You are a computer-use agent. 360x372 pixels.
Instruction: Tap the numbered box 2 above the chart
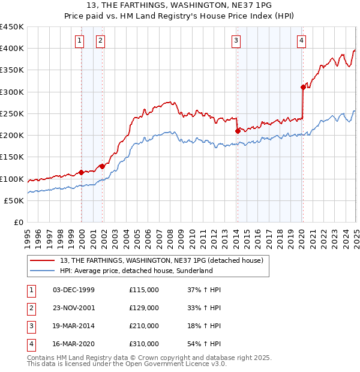click(x=100, y=41)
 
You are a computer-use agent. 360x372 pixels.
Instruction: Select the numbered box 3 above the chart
click(x=236, y=41)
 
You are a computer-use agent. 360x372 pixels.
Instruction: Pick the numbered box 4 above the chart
click(x=301, y=41)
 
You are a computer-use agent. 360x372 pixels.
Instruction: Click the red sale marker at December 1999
click(x=81, y=172)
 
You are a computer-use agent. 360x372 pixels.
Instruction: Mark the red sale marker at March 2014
click(x=238, y=131)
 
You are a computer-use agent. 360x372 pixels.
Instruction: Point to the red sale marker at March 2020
click(x=303, y=87)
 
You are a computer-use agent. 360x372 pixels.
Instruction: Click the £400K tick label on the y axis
click(x=12, y=49)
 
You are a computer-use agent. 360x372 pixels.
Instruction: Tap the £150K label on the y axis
click(x=12, y=157)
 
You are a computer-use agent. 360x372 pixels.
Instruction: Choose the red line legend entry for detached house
click(x=162, y=260)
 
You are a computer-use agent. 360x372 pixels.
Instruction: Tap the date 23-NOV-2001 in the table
click(x=74, y=308)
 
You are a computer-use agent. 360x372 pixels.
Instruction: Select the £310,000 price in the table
click(x=144, y=344)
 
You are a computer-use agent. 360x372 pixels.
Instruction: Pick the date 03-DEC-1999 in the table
click(x=74, y=290)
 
